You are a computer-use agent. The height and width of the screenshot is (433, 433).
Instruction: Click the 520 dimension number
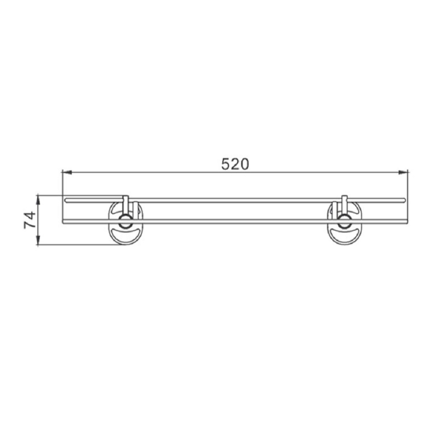(x=235, y=164)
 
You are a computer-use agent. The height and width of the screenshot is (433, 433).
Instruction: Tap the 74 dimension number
(x=30, y=220)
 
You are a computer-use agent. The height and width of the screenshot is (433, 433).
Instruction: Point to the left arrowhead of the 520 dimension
(x=67, y=172)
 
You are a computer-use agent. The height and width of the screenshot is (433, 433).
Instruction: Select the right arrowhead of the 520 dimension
(x=403, y=172)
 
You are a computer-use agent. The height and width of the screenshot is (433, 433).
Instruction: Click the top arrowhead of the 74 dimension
(x=38, y=199)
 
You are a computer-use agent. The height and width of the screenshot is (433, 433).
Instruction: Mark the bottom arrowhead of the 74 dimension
(x=38, y=240)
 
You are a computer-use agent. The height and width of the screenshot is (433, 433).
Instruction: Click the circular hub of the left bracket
(x=125, y=221)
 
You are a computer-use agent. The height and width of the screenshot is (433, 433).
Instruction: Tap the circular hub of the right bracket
(x=344, y=221)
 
